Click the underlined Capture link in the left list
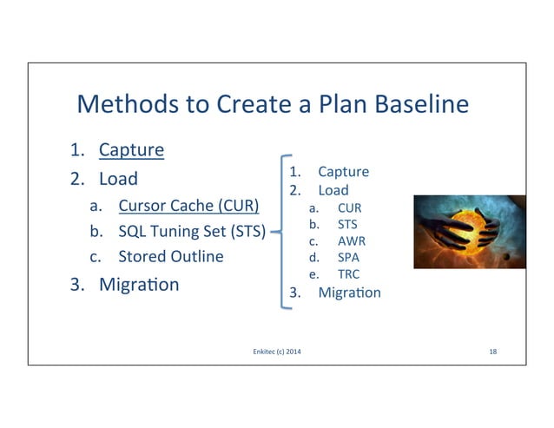pyautogui.click(x=131, y=149)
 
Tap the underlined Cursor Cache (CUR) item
pyautogui.click(x=188, y=207)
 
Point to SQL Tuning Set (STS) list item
pyautogui.click(x=192, y=232)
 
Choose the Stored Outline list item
pyautogui.click(x=170, y=256)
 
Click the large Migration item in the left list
pyautogui.click(x=139, y=284)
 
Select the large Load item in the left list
pyautogui.click(x=118, y=179)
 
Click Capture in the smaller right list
pyautogui.click(x=343, y=171)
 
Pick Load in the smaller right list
pyautogui.click(x=333, y=189)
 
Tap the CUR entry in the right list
pyautogui.click(x=349, y=208)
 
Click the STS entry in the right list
pyautogui.click(x=347, y=224)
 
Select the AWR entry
pyautogui.click(x=351, y=240)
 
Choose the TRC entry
pyautogui.click(x=348, y=273)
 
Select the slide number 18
pyautogui.click(x=493, y=351)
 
